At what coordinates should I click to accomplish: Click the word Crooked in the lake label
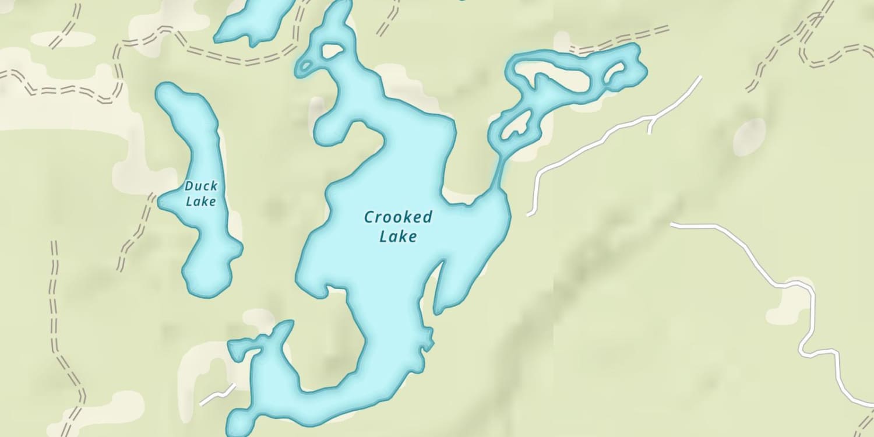tap(398, 218)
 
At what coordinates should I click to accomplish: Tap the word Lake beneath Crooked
tap(398, 237)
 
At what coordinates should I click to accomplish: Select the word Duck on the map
tap(201, 186)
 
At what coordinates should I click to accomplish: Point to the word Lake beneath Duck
tap(200, 202)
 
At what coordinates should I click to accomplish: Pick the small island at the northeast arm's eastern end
tap(615, 74)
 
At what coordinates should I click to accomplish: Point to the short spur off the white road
tap(650, 125)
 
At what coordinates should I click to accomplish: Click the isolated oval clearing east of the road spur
tap(749, 137)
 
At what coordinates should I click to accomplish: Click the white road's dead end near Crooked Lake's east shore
tap(530, 214)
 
